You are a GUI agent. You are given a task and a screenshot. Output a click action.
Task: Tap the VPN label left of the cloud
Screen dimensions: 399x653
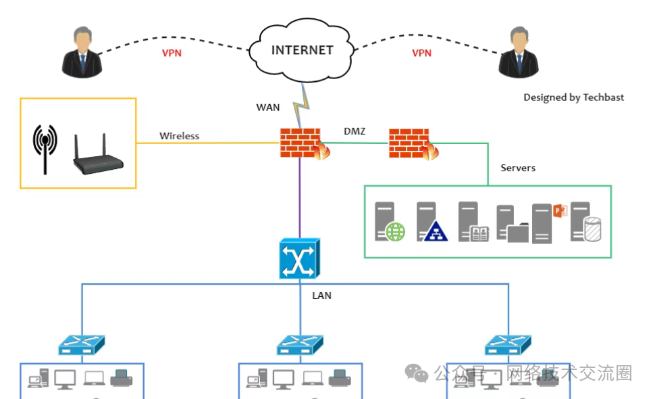pyautogui.click(x=172, y=53)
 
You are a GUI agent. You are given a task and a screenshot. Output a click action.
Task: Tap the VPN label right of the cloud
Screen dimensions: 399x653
pyautogui.click(x=421, y=53)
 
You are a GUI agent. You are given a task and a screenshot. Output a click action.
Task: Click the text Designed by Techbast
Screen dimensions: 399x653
pyautogui.click(x=573, y=97)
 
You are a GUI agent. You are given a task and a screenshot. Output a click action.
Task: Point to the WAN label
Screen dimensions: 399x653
pyautogui.click(x=267, y=108)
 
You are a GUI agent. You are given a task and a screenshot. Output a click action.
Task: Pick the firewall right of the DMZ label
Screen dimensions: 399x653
pyautogui.click(x=411, y=143)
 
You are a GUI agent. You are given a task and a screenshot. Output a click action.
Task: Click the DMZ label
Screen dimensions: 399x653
pyautogui.click(x=355, y=131)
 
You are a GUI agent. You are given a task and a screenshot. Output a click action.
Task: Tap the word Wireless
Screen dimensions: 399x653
pyautogui.click(x=179, y=136)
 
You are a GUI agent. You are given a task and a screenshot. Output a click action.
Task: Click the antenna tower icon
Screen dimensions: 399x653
pyautogui.click(x=45, y=148)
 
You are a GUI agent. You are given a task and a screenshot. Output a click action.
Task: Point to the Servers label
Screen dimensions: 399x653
pyautogui.click(x=518, y=168)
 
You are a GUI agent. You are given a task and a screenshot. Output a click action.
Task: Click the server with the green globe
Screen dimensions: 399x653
pyautogui.click(x=389, y=222)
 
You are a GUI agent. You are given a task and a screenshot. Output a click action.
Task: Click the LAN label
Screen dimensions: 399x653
pyautogui.click(x=321, y=296)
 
